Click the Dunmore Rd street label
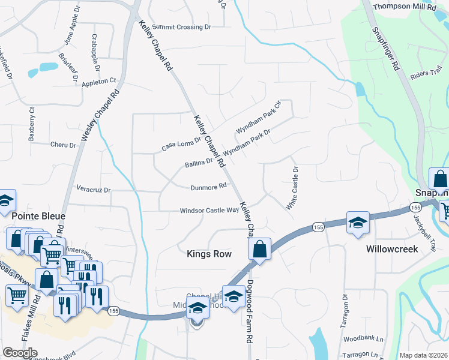[208, 187]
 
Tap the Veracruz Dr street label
[94, 190]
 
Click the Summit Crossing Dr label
[182, 27]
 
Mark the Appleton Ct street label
[99, 81]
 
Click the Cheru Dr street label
[63, 145]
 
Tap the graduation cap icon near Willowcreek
[357, 222]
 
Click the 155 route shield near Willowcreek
[318, 227]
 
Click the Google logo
[20, 353]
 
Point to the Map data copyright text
[424, 355]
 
